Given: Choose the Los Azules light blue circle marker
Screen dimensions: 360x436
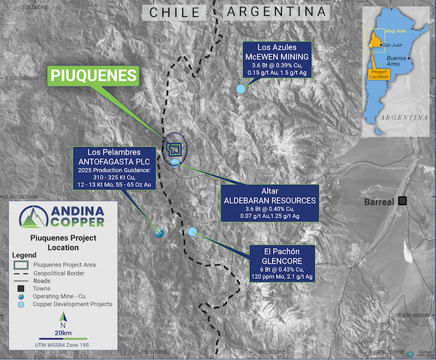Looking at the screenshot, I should click(x=240, y=89).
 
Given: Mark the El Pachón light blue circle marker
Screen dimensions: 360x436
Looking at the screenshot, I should click(x=193, y=232).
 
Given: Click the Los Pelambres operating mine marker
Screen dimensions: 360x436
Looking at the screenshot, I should click(x=159, y=232).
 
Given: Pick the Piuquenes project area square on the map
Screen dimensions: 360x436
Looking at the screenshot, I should click(x=175, y=148).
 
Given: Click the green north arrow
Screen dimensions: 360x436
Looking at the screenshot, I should click(x=63, y=320).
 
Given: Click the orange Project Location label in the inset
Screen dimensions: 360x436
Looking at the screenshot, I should click(x=379, y=75).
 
